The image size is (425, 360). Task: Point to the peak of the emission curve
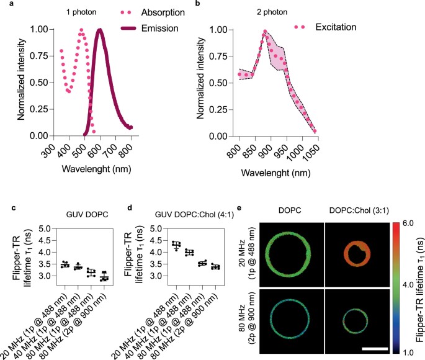click(99, 30)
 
